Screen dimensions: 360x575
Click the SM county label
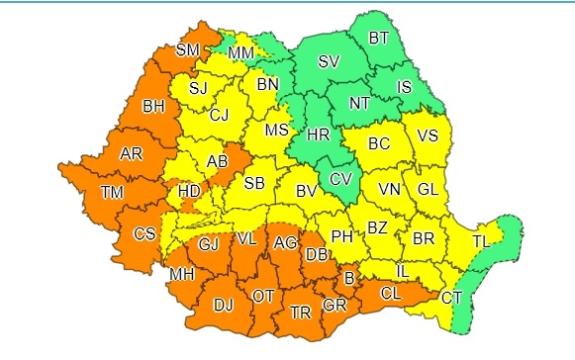click(x=186, y=49)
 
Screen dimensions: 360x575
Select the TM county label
click(x=110, y=192)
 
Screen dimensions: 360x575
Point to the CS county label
click(x=144, y=234)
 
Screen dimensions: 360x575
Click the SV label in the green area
click(x=328, y=62)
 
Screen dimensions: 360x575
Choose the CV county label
click(x=339, y=179)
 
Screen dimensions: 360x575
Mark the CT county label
click(x=450, y=297)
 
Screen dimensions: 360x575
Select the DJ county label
click(x=223, y=304)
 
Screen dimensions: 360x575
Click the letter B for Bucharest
click(x=347, y=276)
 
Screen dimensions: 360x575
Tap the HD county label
click(x=186, y=191)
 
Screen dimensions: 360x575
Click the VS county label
click(x=428, y=136)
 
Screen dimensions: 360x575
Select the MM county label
click(x=240, y=51)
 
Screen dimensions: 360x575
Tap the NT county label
click(x=362, y=102)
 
